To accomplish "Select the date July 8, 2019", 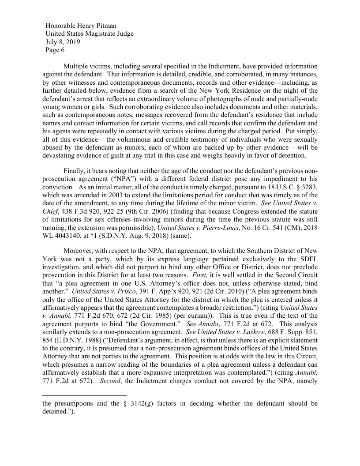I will click(x=63, y=42).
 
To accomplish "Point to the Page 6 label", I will click(x=55, y=50).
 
